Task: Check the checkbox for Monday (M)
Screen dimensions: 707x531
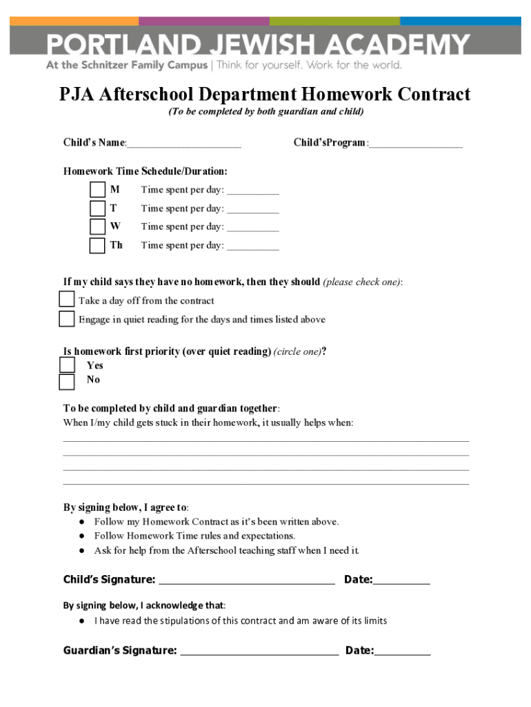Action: pyautogui.click(x=98, y=190)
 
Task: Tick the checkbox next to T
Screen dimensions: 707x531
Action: pyautogui.click(x=98, y=209)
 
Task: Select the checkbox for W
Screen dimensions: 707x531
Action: pyautogui.click(x=98, y=226)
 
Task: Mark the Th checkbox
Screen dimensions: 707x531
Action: pyautogui.click(x=98, y=245)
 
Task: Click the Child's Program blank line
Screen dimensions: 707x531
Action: pyautogui.click(x=416, y=144)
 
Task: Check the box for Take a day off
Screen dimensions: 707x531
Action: pyautogui.click(x=67, y=300)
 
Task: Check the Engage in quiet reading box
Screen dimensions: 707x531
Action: pyautogui.click(x=67, y=319)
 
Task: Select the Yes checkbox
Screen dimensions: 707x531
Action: pyautogui.click(x=67, y=365)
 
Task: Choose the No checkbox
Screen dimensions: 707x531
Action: pyautogui.click(x=67, y=382)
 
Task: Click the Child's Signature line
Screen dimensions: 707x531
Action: pyautogui.click(x=246, y=581)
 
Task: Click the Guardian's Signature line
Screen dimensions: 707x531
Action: pyautogui.click(x=259, y=651)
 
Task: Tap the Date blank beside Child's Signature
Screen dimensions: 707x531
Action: pyautogui.click(x=401, y=581)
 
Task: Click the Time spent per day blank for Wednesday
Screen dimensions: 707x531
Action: pyautogui.click(x=253, y=227)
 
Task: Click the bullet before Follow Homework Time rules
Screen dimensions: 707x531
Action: pyautogui.click(x=81, y=536)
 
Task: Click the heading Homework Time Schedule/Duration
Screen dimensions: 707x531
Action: pyautogui.click(x=146, y=171)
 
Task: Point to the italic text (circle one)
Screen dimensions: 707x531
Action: pyautogui.click(x=297, y=352)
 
